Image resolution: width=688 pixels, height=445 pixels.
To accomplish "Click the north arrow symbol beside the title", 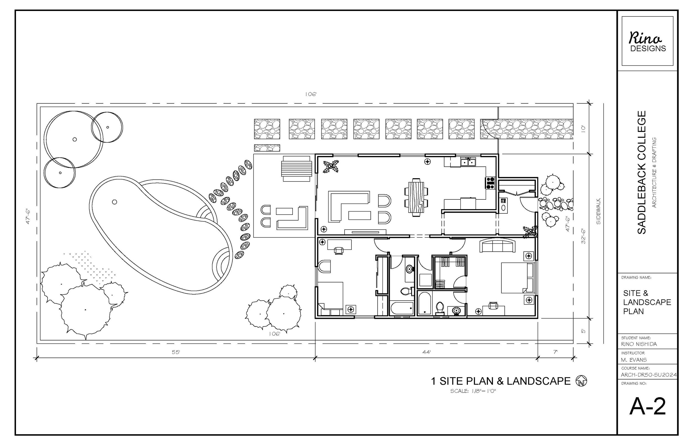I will (x=581, y=381).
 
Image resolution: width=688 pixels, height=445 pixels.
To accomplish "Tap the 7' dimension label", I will (x=555, y=352).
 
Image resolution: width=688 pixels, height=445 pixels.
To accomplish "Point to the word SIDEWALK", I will (x=598, y=211).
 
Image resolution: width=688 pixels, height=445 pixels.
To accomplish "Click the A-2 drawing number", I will (x=648, y=406).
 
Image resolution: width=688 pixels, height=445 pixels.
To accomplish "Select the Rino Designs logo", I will (x=648, y=41).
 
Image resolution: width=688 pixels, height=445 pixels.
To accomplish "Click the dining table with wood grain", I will (x=416, y=197).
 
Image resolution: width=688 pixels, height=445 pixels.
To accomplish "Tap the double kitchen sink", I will (x=468, y=162).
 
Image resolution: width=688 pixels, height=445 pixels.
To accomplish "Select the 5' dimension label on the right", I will (x=583, y=331).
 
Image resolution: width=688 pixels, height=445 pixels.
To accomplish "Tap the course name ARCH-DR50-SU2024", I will (x=649, y=375).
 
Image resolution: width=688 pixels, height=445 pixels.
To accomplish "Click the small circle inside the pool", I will (x=114, y=202).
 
